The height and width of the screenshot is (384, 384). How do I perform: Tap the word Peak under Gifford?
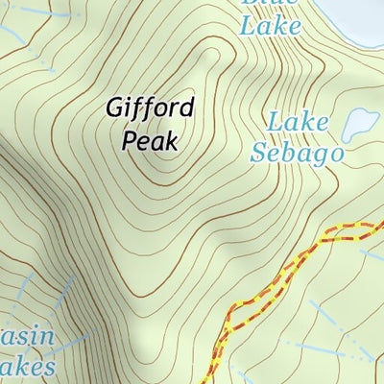(x=151, y=141)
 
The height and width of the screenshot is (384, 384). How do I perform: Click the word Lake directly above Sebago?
(x=298, y=124)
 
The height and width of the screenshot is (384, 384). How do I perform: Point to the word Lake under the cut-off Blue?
(x=269, y=27)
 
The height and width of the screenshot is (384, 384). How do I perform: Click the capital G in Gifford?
(x=114, y=108)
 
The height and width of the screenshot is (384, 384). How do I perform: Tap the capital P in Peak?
(x=131, y=141)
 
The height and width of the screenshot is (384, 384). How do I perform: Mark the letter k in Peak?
(x=172, y=141)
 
